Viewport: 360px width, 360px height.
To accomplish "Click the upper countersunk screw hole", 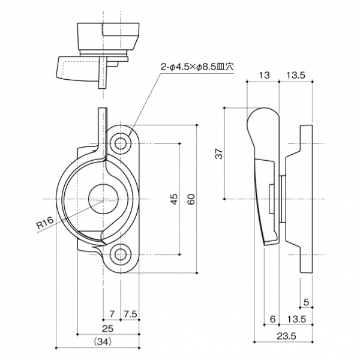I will [121, 143].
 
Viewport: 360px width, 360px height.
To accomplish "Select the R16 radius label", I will [46, 224].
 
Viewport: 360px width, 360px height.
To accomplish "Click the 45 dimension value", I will [174, 199].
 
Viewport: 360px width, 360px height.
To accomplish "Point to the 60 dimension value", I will [191, 199].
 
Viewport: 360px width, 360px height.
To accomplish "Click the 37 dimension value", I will [220, 154].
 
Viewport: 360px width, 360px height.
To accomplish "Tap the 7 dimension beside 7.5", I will [112, 314].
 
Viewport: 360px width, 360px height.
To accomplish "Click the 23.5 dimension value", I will [289, 336].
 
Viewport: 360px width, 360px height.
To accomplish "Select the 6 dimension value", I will [272, 319].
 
